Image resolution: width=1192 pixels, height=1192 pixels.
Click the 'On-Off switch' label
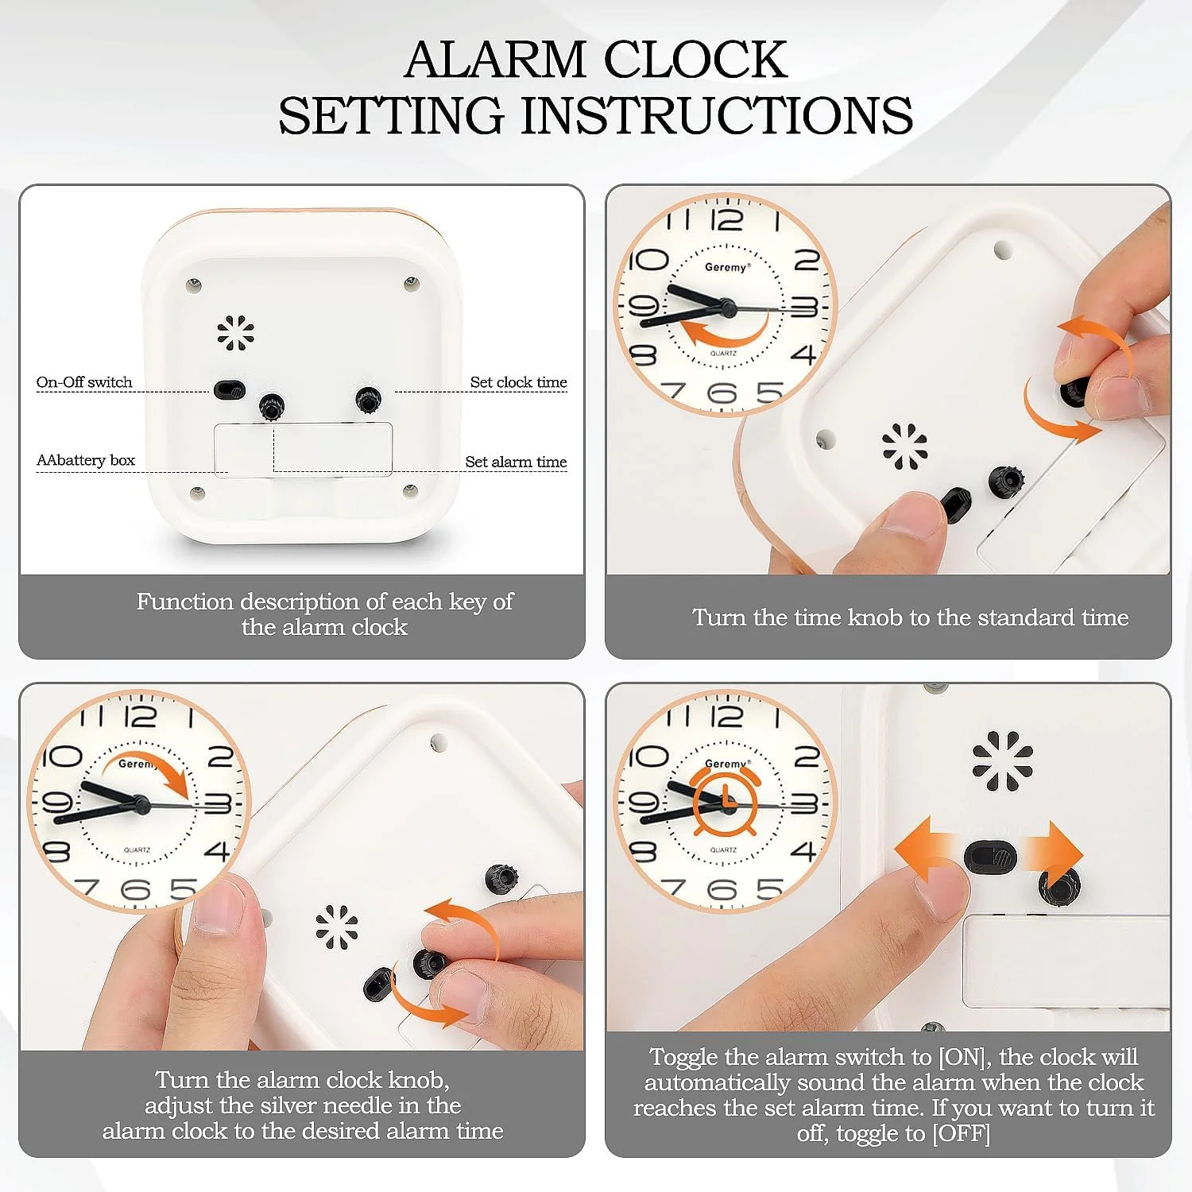(x=84, y=382)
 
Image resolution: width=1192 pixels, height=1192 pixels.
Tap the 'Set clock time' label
(x=518, y=382)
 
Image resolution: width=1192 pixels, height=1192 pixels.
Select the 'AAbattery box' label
(x=86, y=460)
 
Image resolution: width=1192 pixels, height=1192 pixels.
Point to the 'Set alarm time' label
(x=516, y=462)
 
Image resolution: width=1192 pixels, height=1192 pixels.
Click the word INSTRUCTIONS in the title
(x=717, y=115)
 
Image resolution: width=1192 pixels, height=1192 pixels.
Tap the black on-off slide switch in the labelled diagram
(x=228, y=389)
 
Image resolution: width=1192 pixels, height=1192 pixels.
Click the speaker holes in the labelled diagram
(x=236, y=332)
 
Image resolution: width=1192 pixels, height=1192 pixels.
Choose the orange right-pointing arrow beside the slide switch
(x=1051, y=854)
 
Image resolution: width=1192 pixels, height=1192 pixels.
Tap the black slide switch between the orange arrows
(x=990, y=857)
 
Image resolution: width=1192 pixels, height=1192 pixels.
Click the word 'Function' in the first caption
(x=184, y=602)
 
